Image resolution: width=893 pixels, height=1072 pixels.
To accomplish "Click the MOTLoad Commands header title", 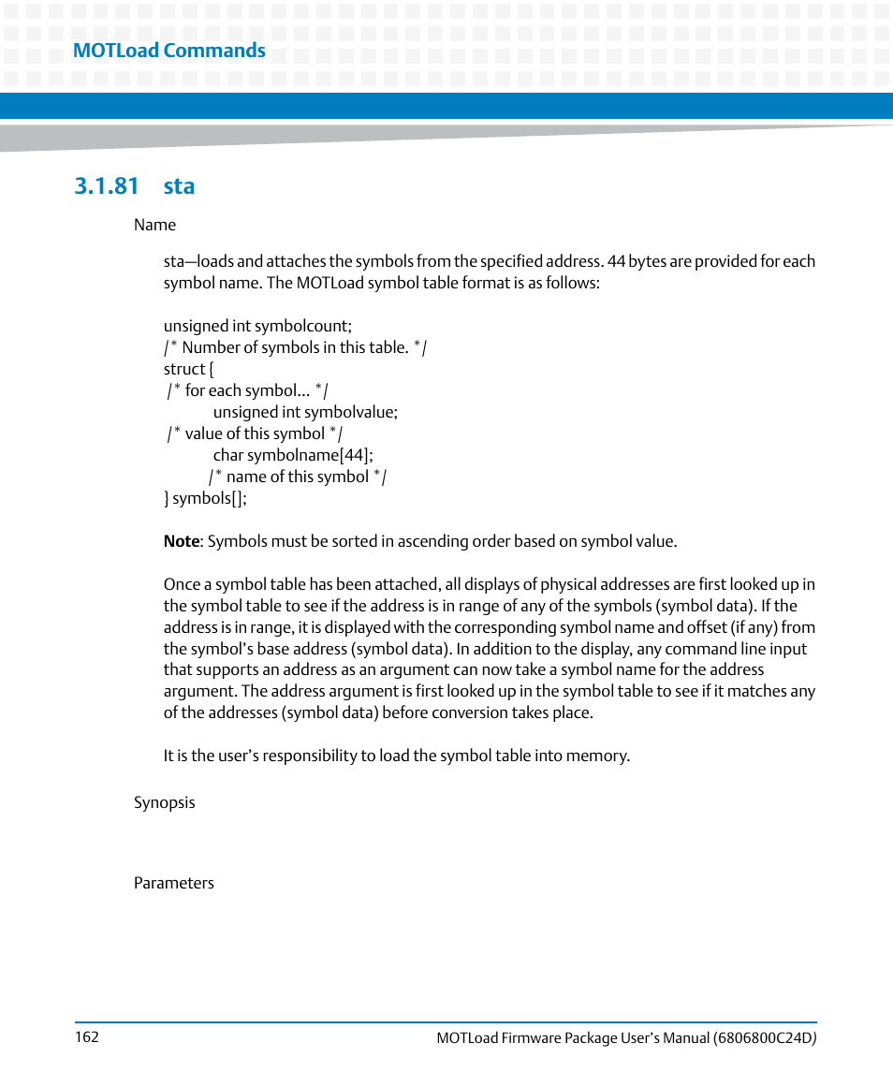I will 168,51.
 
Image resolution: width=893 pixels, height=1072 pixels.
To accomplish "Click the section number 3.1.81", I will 106,185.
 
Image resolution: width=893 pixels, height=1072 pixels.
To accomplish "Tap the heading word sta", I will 179,185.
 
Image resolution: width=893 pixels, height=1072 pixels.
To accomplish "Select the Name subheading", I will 154,225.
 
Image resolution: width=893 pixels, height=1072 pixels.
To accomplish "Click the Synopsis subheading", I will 164,802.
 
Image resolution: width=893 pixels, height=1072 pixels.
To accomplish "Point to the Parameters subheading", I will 173,883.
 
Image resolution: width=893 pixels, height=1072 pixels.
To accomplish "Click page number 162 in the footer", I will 85,1037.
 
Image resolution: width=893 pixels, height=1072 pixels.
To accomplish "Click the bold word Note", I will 182,541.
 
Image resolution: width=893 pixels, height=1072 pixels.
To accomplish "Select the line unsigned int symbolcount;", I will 257,326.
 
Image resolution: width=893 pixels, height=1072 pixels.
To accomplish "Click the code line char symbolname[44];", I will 293,455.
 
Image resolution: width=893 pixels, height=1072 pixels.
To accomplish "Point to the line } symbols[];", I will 205,498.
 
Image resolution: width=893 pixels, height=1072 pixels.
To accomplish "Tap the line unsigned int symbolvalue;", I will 305,412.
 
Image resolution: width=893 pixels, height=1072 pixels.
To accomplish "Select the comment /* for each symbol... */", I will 248,390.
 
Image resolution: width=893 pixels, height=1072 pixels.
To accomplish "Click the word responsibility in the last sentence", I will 321,756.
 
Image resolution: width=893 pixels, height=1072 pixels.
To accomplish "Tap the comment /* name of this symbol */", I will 298,477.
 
